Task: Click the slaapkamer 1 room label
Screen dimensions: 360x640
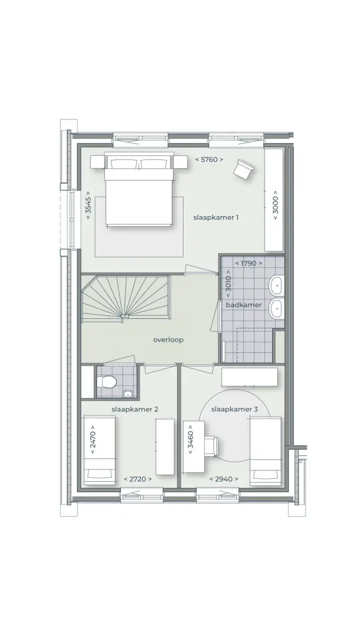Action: click(x=216, y=217)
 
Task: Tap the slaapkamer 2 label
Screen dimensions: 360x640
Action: click(x=135, y=410)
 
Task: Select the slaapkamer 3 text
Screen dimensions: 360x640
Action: click(x=235, y=410)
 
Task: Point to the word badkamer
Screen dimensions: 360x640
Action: click(x=244, y=305)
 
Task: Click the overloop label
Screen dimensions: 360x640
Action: click(x=168, y=339)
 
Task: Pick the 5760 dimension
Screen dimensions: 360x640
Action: click(x=209, y=159)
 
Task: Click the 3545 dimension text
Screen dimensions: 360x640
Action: click(x=89, y=205)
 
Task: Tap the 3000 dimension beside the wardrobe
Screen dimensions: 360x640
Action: click(x=275, y=205)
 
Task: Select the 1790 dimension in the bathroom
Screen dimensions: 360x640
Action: click(x=249, y=263)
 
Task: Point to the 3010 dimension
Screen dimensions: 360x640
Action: click(x=227, y=284)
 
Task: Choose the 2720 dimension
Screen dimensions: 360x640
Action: click(x=138, y=479)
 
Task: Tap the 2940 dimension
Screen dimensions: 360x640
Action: click(x=223, y=479)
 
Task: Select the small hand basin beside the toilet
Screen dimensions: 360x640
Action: click(x=128, y=393)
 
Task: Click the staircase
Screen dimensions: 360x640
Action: click(x=125, y=297)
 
